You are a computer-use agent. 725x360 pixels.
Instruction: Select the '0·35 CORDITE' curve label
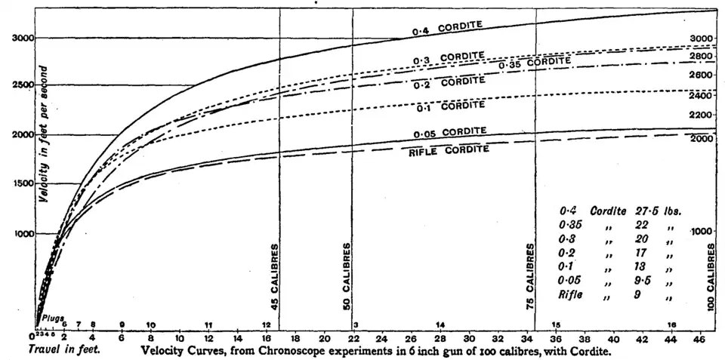pyautogui.click(x=535, y=63)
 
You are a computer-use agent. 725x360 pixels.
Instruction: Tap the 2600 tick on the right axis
pyautogui.click(x=702, y=75)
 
